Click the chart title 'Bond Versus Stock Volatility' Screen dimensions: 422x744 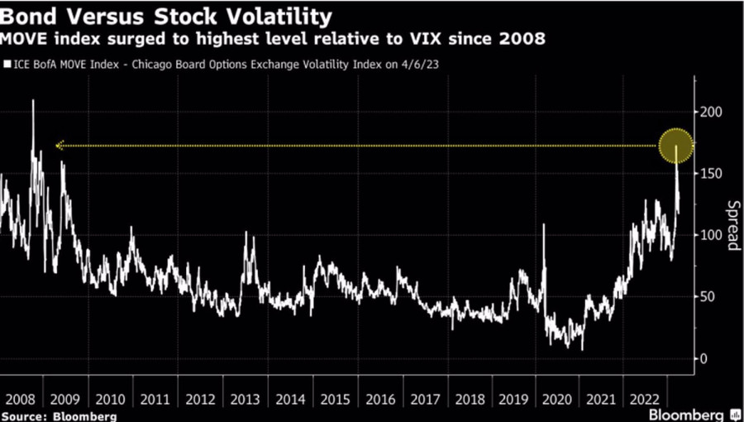tap(168, 15)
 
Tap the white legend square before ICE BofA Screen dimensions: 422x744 tap(8, 63)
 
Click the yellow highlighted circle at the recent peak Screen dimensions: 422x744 tap(675, 146)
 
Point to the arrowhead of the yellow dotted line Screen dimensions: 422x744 tap(59, 146)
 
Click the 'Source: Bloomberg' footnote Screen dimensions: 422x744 tap(59, 415)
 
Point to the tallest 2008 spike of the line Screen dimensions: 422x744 tap(33, 101)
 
